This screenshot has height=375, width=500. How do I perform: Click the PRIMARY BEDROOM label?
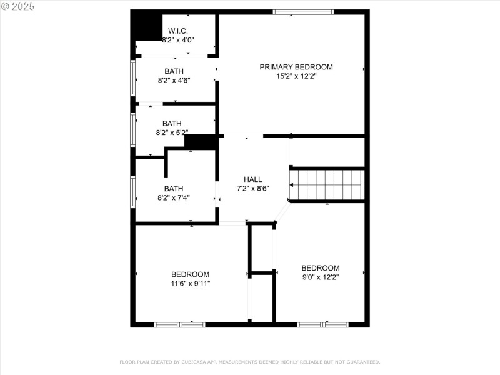(296, 67)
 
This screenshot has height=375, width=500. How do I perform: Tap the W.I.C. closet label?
(178, 31)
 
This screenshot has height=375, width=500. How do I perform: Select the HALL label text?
(253, 179)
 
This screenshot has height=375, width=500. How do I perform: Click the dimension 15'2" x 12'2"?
(296, 76)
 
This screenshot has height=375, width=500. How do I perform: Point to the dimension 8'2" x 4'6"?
(174, 81)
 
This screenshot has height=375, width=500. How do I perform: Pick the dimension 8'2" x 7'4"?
(174, 198)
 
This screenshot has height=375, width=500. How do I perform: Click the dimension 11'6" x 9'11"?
(191, 284)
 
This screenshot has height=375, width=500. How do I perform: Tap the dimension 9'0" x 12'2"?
(321, 277)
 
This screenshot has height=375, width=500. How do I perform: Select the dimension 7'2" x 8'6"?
(253, 189)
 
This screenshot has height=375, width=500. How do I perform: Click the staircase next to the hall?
(327, 184)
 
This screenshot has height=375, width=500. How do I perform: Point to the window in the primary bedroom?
(303, 12)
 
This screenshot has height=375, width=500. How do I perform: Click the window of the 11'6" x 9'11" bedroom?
(179, 324)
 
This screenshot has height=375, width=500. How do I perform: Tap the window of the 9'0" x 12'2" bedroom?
(322, 324)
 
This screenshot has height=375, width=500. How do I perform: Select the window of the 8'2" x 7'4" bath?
(132, 192)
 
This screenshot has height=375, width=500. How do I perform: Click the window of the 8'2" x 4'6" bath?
(132, 78)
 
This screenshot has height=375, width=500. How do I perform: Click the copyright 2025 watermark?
(17, 6)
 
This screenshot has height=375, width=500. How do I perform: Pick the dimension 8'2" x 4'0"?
(178, 40)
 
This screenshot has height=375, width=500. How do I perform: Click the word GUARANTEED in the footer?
(363, 362)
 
